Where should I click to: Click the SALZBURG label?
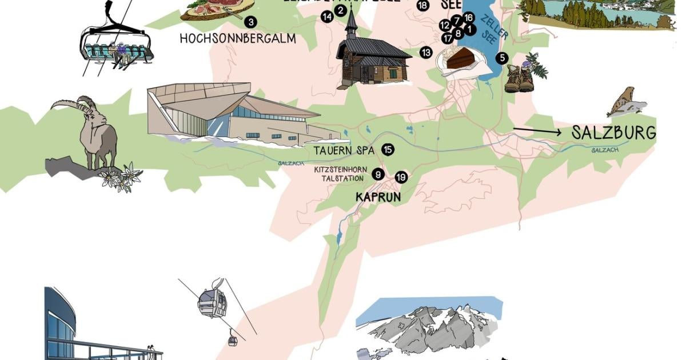(x=613, y=133)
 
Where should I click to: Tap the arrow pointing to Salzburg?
(x=537, y=132)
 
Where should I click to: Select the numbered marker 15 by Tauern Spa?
(x=388, y=150)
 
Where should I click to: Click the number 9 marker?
(x=378, y=175)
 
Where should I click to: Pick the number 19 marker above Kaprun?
(x=401, y=177)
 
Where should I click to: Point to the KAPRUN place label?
(x=378, y=197)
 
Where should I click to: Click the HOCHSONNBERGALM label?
(x=237, y=39)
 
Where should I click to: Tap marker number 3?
(x=250, y=22)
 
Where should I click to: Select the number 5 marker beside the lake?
(x=501, y=57)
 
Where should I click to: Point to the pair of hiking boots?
(x=519, y=78)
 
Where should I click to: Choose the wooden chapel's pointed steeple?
(x=351, y=23)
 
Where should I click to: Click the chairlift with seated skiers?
(x=115, y=46)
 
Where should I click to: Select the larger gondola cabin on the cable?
(x=212, y=302)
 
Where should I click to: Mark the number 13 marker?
(x=426, y=53)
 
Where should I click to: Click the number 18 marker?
(x=422, y=6)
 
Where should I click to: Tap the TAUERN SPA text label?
(x=344, y=151)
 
